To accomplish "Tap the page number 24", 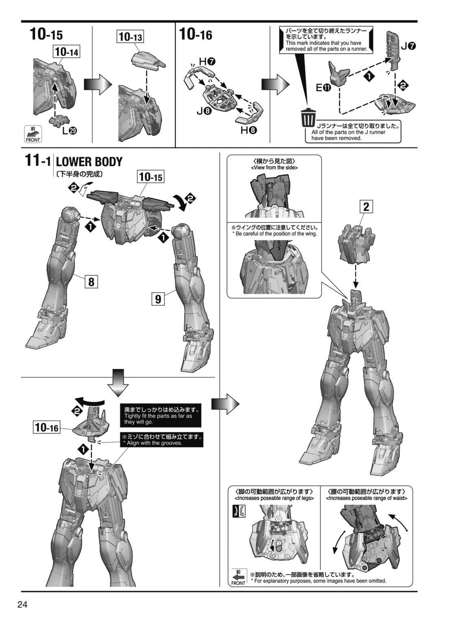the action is point(22,604).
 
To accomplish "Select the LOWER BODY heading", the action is point(89,162).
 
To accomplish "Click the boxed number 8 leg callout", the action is point(91,282).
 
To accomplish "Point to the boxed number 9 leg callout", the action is point(158,299).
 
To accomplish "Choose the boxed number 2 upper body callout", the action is point(366,207).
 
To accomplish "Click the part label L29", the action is point(70,131).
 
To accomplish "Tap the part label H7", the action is point(207,62).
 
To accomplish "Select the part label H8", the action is point(249,130).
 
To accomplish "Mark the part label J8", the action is point(204,111).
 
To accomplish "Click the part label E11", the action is point(323,88).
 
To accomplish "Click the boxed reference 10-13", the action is point(131,36).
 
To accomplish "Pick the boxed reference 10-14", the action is point(67,52).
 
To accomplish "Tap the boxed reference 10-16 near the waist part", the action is point(47,427).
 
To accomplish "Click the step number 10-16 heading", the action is point(196,35).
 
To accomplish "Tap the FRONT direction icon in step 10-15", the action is point(33,134).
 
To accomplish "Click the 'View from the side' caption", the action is point(274,168).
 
